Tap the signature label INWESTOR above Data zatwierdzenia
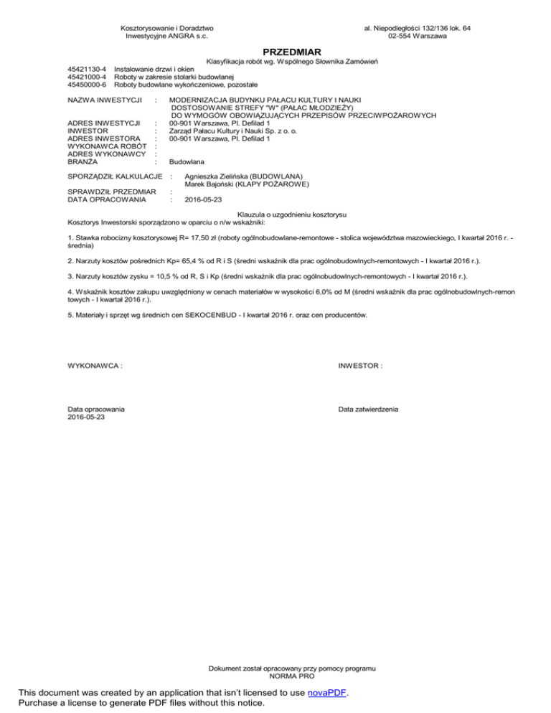click(360, 366)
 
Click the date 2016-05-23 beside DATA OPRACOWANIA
click(203, 200)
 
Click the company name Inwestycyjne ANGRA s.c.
click(166, 35)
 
